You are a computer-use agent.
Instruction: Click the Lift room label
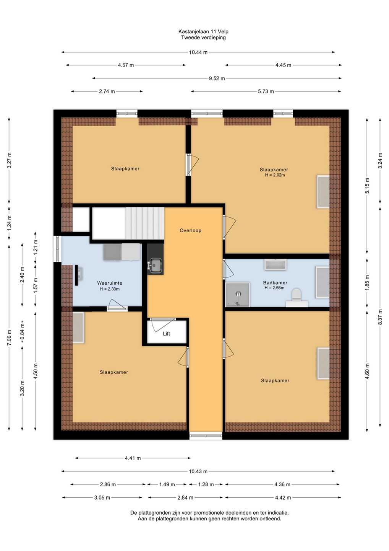166,334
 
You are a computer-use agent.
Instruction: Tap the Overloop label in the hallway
190,230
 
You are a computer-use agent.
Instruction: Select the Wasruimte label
110,283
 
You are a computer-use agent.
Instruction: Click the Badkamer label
275,283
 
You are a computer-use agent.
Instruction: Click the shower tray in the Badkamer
237,295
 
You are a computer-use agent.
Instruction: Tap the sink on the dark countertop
155,265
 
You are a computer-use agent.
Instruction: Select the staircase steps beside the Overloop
145,223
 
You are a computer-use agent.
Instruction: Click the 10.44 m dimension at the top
198,52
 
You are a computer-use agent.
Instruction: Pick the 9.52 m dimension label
217,78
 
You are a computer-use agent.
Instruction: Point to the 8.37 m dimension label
380,317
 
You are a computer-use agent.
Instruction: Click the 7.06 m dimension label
9,337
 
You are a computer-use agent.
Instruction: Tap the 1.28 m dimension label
206,484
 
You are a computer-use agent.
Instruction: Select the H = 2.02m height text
275,175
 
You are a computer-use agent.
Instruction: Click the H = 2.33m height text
110,289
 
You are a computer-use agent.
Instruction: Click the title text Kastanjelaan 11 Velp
203,31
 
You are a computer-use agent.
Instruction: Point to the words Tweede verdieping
203,37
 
